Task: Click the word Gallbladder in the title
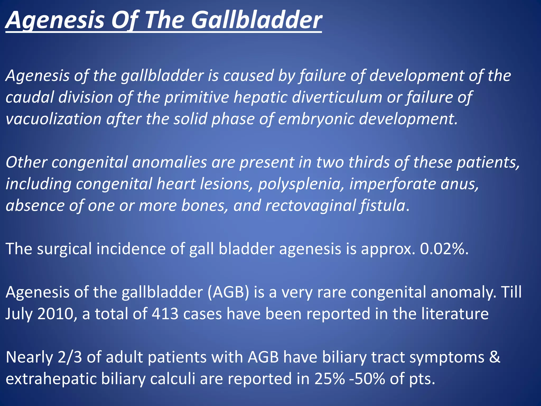[x=256, y=21]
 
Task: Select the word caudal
[x=29, y=97]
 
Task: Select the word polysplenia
[x=301, y=184]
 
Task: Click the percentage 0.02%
[x=444, y=249]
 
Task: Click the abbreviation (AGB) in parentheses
[x=228, y=292]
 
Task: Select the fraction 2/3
[x=70, y=357]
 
